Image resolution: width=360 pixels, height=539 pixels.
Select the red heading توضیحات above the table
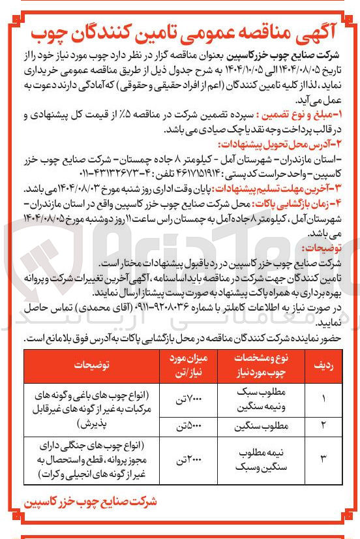(x=320, y=249)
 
